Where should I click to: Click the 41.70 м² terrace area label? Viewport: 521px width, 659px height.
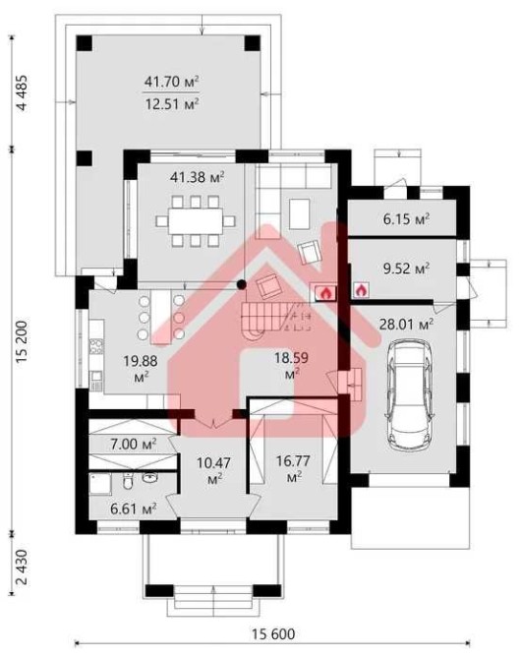[171, 82]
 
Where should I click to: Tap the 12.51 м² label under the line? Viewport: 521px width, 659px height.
[171, 103]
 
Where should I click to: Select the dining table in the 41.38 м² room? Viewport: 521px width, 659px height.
[196, 220]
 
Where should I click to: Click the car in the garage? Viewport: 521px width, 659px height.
[410, 393]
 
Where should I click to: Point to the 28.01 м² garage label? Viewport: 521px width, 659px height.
[406, 324]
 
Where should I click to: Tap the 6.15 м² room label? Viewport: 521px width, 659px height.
[406, 219]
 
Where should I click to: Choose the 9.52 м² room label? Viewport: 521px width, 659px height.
[406, 269]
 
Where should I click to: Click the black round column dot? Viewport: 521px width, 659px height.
[241, 284]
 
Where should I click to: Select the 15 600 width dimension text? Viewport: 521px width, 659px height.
[273, 633]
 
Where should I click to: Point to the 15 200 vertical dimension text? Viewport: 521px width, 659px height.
[22, 341]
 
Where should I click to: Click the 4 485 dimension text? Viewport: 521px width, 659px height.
[22, 92]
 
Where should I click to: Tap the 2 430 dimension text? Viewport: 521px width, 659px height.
[22, 567]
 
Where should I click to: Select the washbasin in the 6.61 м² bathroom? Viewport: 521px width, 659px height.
[150, 477]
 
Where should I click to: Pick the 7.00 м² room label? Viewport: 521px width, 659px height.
[134, 444]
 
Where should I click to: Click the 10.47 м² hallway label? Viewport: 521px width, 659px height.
[214, 470]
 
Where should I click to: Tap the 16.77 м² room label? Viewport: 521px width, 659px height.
[293, 468]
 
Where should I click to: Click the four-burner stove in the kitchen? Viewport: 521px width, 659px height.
[96, 347]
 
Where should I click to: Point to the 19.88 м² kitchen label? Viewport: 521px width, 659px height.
[141, 368]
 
